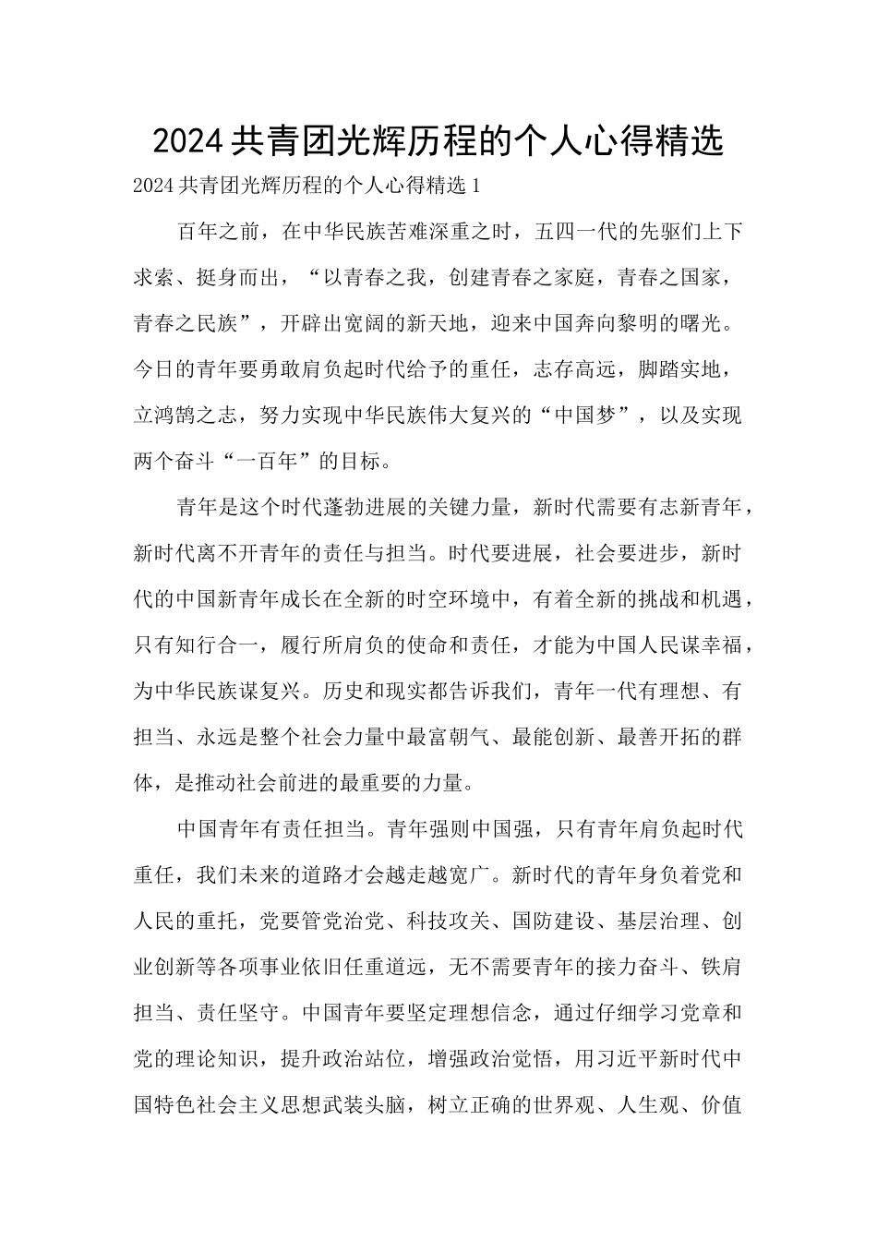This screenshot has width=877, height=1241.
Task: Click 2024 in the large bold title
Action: [x=187, y=141]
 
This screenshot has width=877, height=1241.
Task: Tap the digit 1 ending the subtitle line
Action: [x=476, y=186]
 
